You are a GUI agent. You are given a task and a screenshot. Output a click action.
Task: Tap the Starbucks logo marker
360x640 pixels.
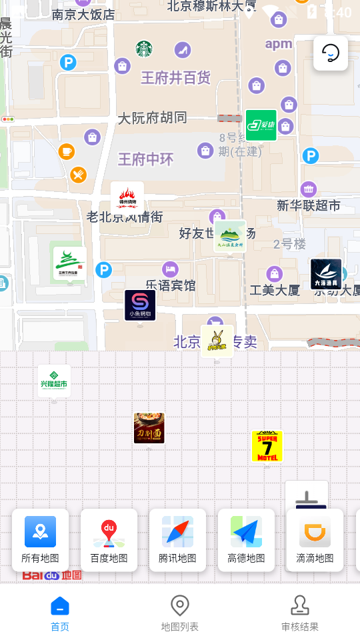pyautogui.click(x=144, y=48)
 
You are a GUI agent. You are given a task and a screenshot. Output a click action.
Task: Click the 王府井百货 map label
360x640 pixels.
pyautogui.click(x=175, y=78)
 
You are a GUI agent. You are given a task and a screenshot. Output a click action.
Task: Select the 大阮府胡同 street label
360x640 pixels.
pyautogui.click(x=152, y=118)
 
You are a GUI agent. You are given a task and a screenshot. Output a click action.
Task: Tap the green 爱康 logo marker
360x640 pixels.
pyautogui.click(x=261, y=125)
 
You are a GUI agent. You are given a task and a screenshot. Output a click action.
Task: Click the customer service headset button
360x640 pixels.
pyautogui.click(x=331, y=53)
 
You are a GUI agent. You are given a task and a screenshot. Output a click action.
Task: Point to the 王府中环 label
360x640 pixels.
pyautogui.click(x=145, y=159)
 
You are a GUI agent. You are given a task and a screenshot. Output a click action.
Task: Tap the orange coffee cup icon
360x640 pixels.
pyautogui.click(x=67, y=151)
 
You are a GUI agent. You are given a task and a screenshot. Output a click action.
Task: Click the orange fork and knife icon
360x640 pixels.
pyautogui.click(x=79, y=175)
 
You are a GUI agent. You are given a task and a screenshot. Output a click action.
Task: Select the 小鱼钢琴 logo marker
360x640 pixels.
pyautogui.click(x=140, y=305)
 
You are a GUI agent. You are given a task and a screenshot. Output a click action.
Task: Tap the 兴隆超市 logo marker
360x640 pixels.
pyautogui.click(x=54, y=381)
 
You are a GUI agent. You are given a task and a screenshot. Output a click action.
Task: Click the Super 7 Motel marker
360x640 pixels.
pyautogui.click(x=267, y=446)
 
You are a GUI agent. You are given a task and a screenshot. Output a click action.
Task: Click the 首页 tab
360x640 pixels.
pyautogui.click(x=60, y=613)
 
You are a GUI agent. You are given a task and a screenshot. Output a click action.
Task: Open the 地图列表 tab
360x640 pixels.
pyautogui.click(x=180, y=613)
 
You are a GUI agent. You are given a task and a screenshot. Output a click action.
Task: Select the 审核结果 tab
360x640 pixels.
pyautogui.click(x=300, y=613)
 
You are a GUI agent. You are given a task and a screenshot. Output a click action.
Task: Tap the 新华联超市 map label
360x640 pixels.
pyautogui.click(x=308, y=205)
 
